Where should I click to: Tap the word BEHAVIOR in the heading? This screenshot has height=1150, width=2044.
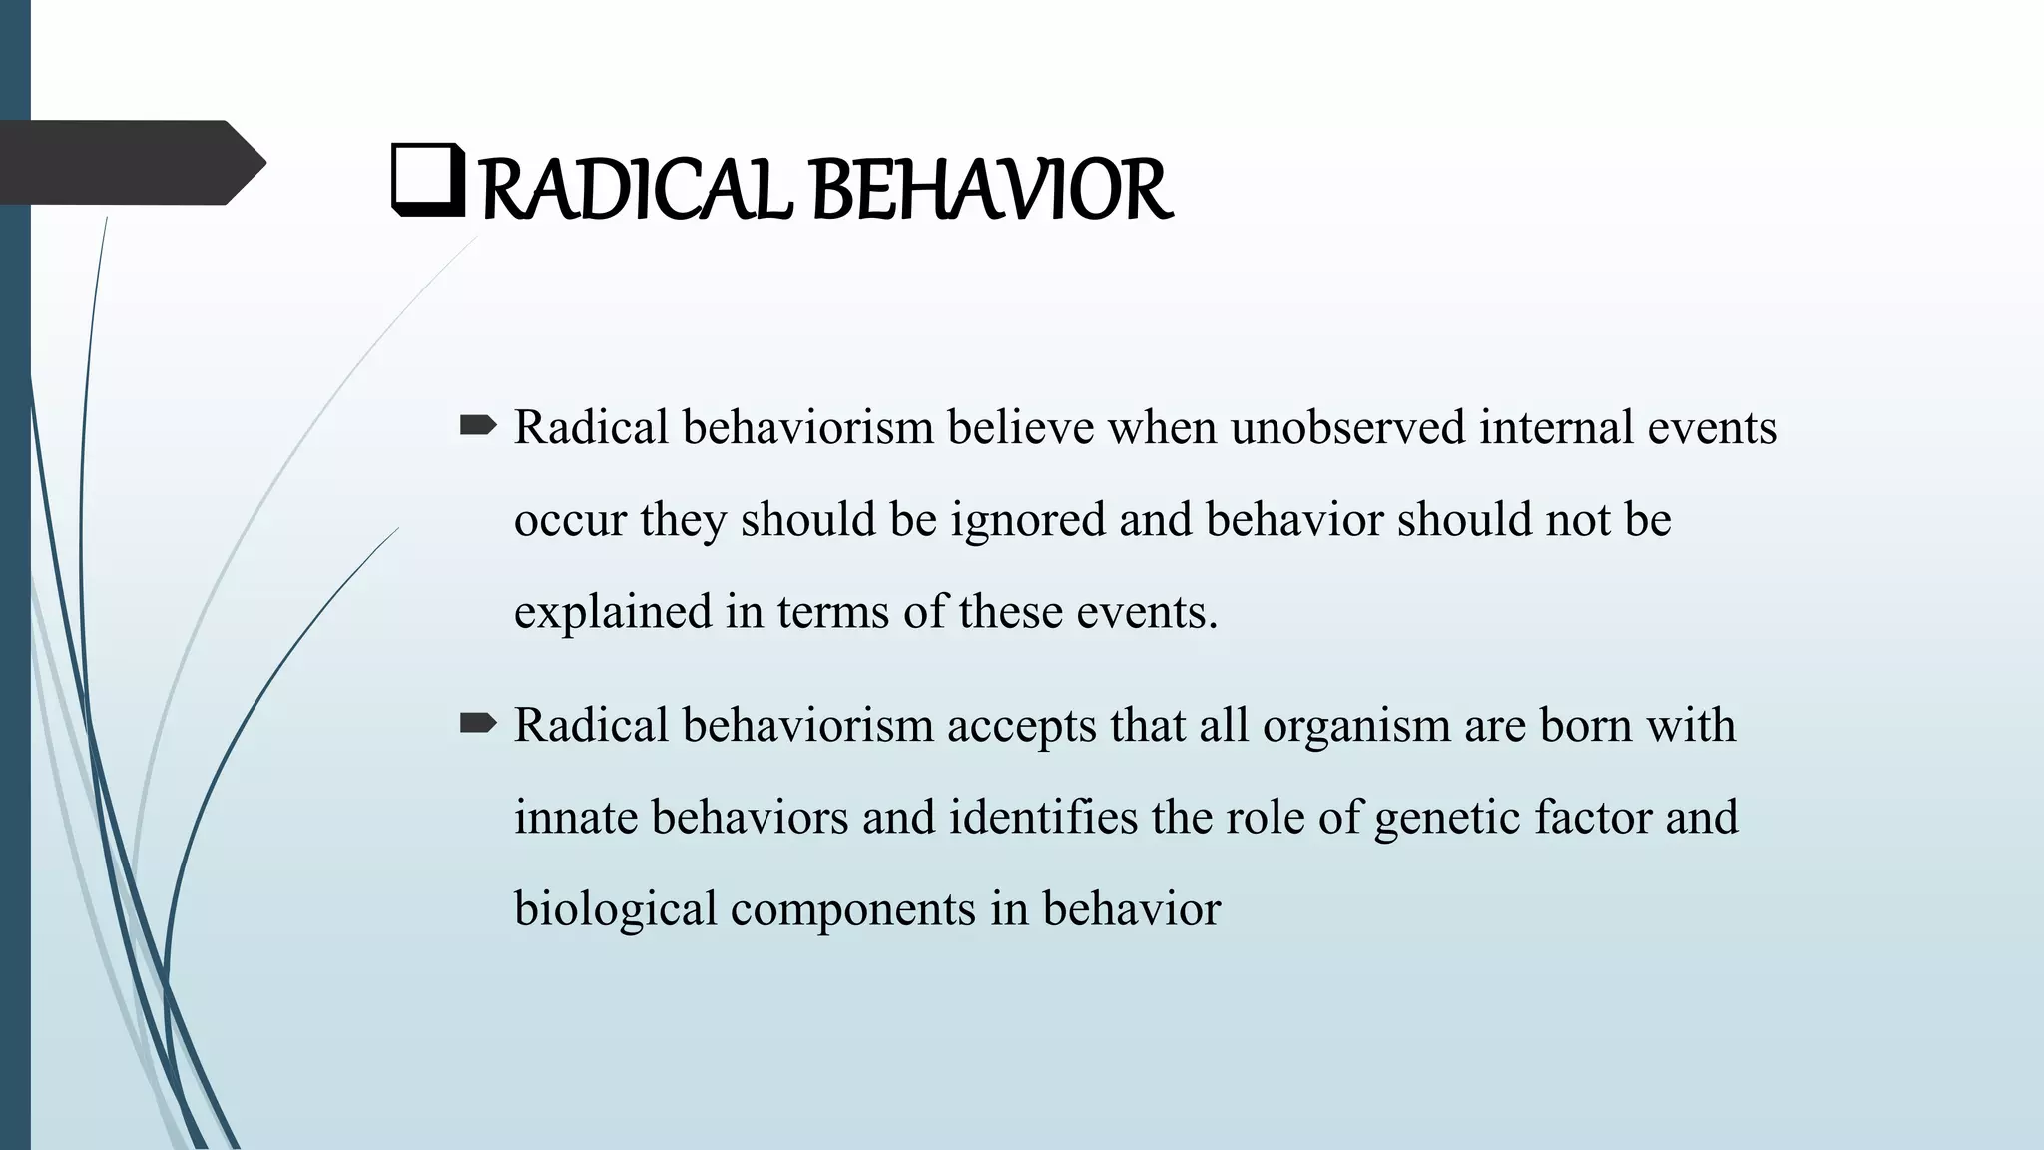point(993,191)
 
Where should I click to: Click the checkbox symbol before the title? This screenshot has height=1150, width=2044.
point(428,181)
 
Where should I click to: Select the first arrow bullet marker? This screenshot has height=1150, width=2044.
point(478,427)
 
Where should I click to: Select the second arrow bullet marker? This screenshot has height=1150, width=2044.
point(478,724)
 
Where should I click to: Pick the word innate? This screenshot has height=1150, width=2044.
point(575,817)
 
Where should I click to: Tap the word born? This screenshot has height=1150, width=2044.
point(1585,725)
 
